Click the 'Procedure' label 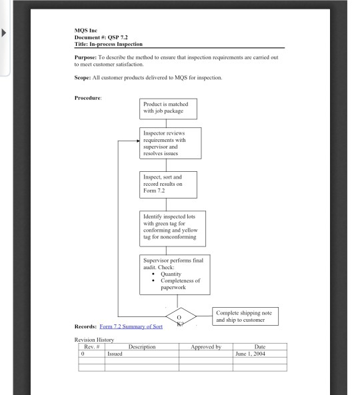point(89,99)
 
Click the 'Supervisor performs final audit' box point(175,274)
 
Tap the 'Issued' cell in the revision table point(115,354)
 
